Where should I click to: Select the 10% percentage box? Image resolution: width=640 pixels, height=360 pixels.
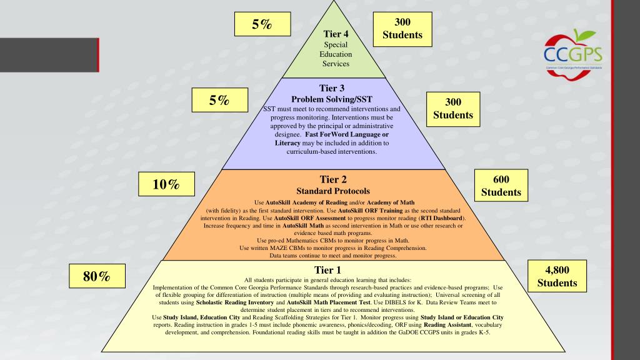tap(166, 184)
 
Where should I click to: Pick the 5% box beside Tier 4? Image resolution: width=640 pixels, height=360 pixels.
tap(262, 24)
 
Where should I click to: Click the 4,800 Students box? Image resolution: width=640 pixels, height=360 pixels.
tap(557, 276)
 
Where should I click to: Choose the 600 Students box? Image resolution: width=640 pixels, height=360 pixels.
tap(501, 186)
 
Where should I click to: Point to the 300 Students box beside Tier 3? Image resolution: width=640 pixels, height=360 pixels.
tap(453, 109)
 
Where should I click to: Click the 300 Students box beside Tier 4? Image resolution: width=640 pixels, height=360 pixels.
tap(402, 29)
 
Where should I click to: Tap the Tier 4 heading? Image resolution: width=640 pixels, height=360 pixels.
tap(336, 34)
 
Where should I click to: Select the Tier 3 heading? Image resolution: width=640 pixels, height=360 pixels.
tap(331, 88)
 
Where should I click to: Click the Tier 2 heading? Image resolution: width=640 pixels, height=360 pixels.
tap(332, 179)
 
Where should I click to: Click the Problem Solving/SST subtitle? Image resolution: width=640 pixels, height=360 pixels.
tap(332, 99)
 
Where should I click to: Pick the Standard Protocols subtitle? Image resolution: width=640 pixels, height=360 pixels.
tap(332, 191)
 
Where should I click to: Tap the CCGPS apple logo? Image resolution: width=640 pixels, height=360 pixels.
tap(570, 53)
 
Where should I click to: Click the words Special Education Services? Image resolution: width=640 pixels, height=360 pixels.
tap(336, 54)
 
